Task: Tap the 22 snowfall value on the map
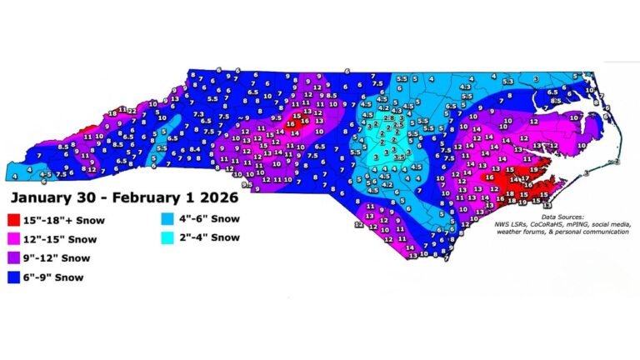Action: pos(132,110)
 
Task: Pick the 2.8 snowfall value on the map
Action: pos(389,119)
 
